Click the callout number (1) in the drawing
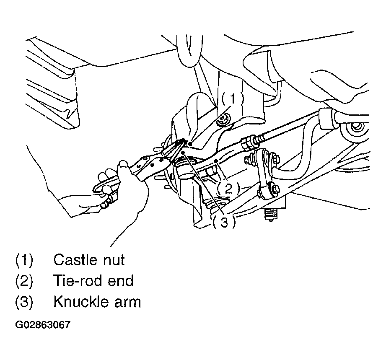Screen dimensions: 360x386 [233, 99]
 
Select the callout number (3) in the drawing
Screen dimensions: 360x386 [224, 223]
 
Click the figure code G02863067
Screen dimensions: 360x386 [43, 325]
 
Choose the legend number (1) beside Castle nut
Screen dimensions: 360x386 [24, 260]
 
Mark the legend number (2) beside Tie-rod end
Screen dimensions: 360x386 [24, 280]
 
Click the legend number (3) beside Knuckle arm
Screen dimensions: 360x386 [24, 302]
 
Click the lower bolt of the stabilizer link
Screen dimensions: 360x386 [272, 191]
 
